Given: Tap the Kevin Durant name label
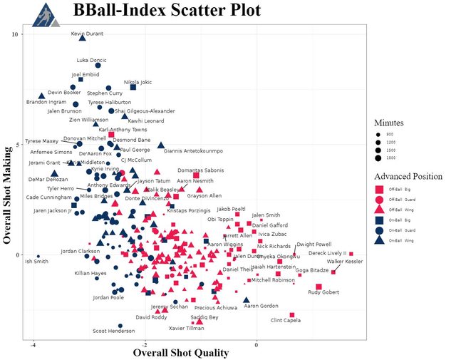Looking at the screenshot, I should [x=88, y=34].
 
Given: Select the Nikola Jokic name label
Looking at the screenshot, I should [x=138, y=82].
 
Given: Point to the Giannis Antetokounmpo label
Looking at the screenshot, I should [x=193, y=151].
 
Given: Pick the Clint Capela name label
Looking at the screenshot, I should [x=286, y=321].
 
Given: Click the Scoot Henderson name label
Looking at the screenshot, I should [x=113, y=331].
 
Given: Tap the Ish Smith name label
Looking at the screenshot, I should [x=37, y=261].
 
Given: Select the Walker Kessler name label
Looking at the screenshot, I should [x=345, y=262].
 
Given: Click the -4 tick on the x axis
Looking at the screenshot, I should [x=33, y=344].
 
